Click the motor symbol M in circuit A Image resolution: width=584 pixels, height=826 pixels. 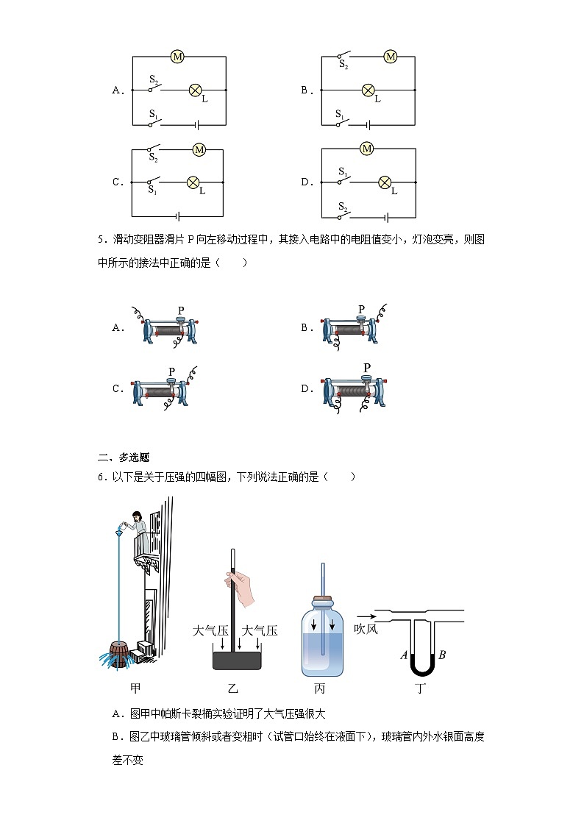[177, 56]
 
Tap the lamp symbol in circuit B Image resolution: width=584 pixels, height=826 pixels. [368, 90]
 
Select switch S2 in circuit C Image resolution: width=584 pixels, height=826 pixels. [154, 150]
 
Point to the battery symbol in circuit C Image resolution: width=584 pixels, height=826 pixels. [178, 216]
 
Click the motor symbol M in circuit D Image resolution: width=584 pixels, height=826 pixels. [367, 149]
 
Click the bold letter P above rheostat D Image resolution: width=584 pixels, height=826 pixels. [366, 368]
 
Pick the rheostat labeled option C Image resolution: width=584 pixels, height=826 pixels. [163, 390]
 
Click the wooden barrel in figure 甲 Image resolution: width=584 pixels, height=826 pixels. [118, 653]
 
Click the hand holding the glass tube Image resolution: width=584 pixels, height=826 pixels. [248, 588]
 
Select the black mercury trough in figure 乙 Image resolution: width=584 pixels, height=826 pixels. [237, 659]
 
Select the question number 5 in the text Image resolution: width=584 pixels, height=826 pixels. [100, 240]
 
